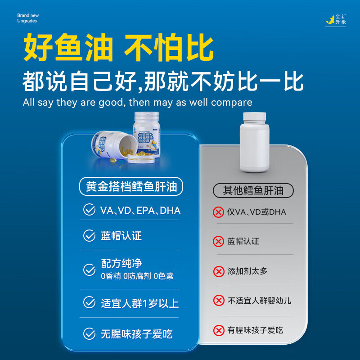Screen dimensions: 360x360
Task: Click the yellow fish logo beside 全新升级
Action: pos(331,20)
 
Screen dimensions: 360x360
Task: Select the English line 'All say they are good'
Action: pos(137,102)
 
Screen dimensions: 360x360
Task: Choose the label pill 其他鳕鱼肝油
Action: pos(253,190)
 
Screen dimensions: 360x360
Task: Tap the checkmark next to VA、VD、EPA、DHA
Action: pos(90,210)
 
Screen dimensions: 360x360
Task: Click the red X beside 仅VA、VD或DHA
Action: pos(219,211)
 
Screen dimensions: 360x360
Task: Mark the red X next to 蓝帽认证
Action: pos(218,241)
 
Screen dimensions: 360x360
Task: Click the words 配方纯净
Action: pos(121,263)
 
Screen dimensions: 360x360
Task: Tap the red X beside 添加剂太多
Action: pos(219,271)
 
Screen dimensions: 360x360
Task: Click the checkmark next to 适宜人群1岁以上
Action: pos(90,303)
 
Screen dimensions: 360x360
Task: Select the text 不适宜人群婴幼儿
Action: pos(259,301)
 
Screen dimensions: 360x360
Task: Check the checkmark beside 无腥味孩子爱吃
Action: pos(90,334)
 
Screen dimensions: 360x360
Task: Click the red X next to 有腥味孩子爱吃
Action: pos(219,331)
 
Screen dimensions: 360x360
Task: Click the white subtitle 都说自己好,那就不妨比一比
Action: pos(163,82)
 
